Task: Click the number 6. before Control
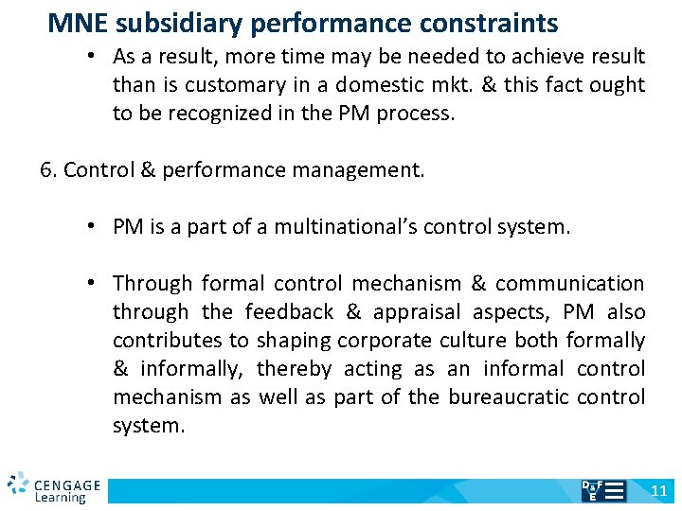48,170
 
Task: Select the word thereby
295,369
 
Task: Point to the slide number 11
659,490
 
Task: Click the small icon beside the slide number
602,490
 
